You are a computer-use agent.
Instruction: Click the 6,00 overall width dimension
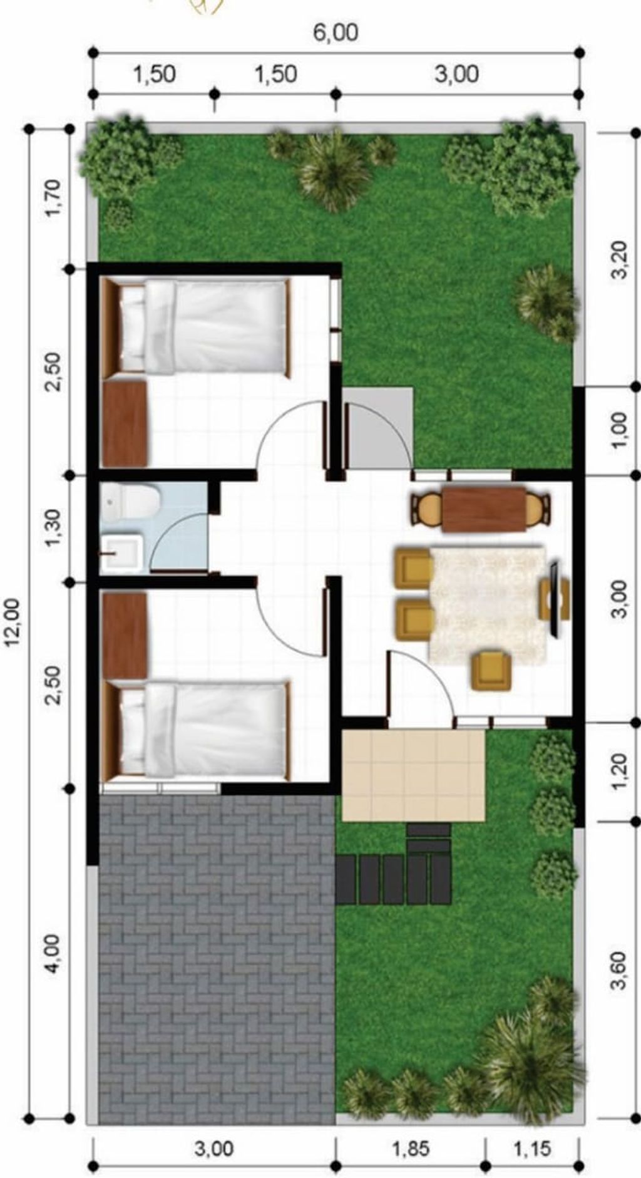click(336, 33)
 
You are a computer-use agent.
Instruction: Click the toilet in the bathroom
click(132, 501)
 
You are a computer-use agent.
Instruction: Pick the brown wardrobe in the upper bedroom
click(125, 424)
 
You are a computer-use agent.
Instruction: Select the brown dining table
click(484, 510)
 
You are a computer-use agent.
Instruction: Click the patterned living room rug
click(487, 604)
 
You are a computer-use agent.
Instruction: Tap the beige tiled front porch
click(414, 775)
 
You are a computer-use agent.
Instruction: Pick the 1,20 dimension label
click(618, 771)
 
